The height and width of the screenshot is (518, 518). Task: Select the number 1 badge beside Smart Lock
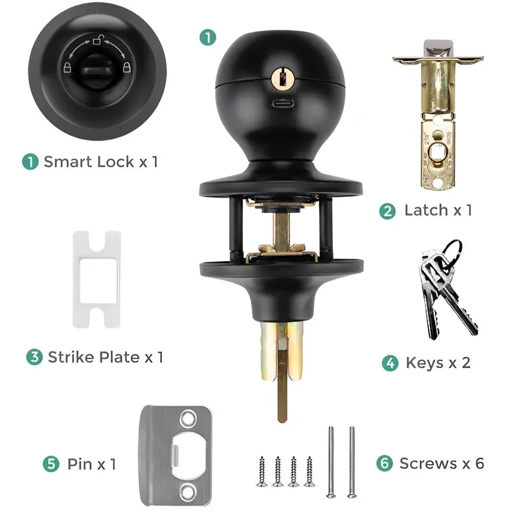coord(30,161)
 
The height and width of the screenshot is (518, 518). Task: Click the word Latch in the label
coord(425,210)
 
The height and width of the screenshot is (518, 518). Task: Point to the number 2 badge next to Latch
coord(388,210)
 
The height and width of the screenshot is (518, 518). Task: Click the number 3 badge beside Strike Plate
coord(34,357)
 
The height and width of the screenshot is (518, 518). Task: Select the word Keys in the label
coord(424,362)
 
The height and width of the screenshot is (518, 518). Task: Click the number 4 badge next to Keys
coord(390,363)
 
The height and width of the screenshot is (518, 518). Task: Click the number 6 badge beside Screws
coord(385,464)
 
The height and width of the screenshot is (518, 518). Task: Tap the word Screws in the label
coord(428,464)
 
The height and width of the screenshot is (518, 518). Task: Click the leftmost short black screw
coord(263,471)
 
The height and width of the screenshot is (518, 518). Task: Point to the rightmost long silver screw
coord(352,462)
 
